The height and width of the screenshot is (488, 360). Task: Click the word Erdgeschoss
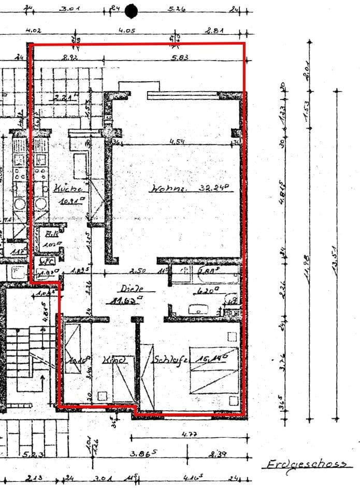pos(306,464)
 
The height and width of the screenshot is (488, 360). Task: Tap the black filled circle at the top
pos(131,10)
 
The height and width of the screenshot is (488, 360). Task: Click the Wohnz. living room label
pos(168,189)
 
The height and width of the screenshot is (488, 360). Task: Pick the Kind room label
pos(114,359)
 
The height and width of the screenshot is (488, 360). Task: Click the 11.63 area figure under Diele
pos(125,299)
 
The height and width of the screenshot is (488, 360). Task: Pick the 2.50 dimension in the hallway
pos(138,270)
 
